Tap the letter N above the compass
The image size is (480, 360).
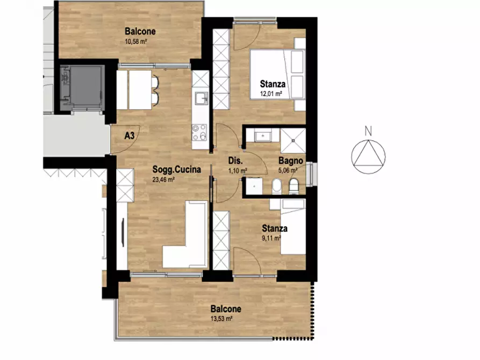(368, 131)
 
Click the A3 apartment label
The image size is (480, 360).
(130, 135)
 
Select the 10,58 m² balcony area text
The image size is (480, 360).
(136, 41)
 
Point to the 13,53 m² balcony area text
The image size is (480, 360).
(221, 319)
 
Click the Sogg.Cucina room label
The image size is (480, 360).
(177, 169)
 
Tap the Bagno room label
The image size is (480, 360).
(290, 161)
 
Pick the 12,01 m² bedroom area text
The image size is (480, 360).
(271, 93)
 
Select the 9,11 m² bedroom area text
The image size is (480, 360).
(271, 238)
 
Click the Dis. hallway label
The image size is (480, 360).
(235, 161)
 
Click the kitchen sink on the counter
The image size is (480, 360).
(202, 98)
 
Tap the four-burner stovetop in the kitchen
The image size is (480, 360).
(199, 133)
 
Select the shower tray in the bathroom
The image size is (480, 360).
(293, 141)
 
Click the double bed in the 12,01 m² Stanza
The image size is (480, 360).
(278, 74)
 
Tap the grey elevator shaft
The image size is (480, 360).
(83, 88)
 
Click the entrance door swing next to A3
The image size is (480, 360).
(125, 139)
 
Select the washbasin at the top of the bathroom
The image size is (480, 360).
(263, 135)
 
